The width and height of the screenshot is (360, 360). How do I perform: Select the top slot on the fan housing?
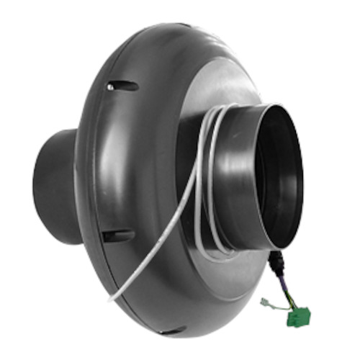[x=122, y=86]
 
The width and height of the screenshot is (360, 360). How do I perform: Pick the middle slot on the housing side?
[x=117, y=235]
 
